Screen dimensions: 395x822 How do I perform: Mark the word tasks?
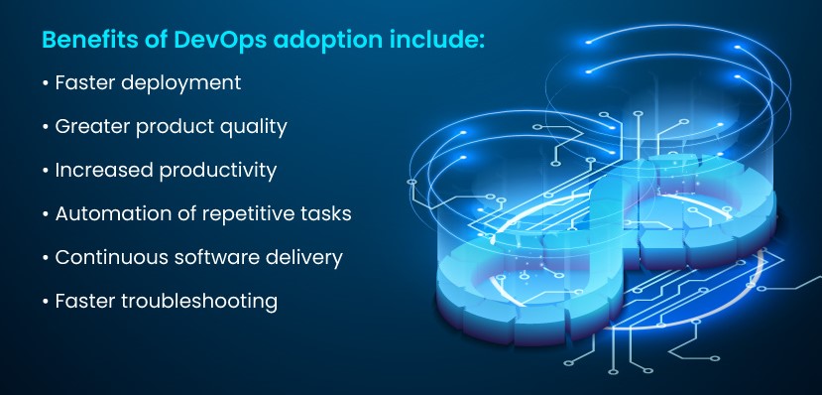[323, 213]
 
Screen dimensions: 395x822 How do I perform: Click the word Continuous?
[109, 257]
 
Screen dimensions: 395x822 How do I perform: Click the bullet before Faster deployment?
[46, 83]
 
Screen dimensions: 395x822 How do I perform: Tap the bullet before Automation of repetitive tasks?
[46, 213]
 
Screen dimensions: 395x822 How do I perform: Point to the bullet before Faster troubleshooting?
[46, 301]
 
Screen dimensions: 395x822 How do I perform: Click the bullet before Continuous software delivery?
[46, 257]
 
